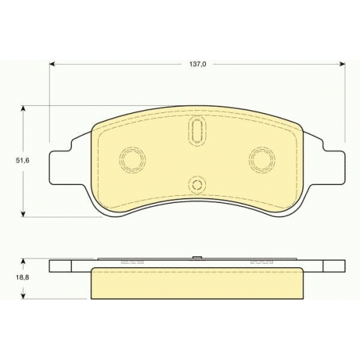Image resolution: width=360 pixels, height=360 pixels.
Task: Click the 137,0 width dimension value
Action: coord(198,64)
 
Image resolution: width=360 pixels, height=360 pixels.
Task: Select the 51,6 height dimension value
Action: coord(22,161)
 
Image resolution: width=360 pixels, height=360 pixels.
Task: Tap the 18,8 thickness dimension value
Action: coord(22,278)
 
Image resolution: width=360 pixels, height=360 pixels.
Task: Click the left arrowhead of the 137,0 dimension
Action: coord(53,64)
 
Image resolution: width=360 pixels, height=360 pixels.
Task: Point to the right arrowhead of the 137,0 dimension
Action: coord(342,64)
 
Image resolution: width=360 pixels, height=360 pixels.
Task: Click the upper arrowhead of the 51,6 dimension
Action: coord(23,109)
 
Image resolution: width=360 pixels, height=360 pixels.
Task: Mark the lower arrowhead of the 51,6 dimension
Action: coord(23,214)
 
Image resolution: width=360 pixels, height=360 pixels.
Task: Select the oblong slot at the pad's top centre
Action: coord(197,131)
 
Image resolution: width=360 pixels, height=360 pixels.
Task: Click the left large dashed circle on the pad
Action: coord(132,159)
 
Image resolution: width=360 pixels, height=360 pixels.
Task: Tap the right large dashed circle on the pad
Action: coord(262,159)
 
